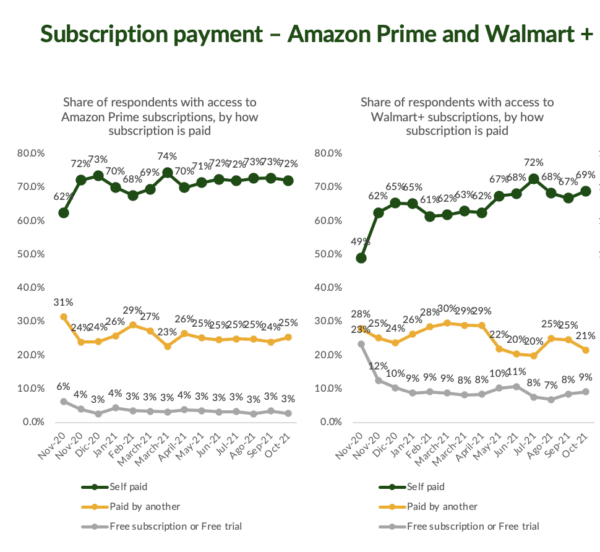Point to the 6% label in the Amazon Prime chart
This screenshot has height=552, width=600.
click(x=63, y=386)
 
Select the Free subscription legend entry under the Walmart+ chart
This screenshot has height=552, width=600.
click(x=473, y=526)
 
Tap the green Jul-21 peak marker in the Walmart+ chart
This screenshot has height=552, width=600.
click(x=533, y=179)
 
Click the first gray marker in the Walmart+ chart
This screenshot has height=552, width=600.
click(x=361, y=344)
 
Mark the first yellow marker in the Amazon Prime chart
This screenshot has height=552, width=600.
click(x=63, y=317)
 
